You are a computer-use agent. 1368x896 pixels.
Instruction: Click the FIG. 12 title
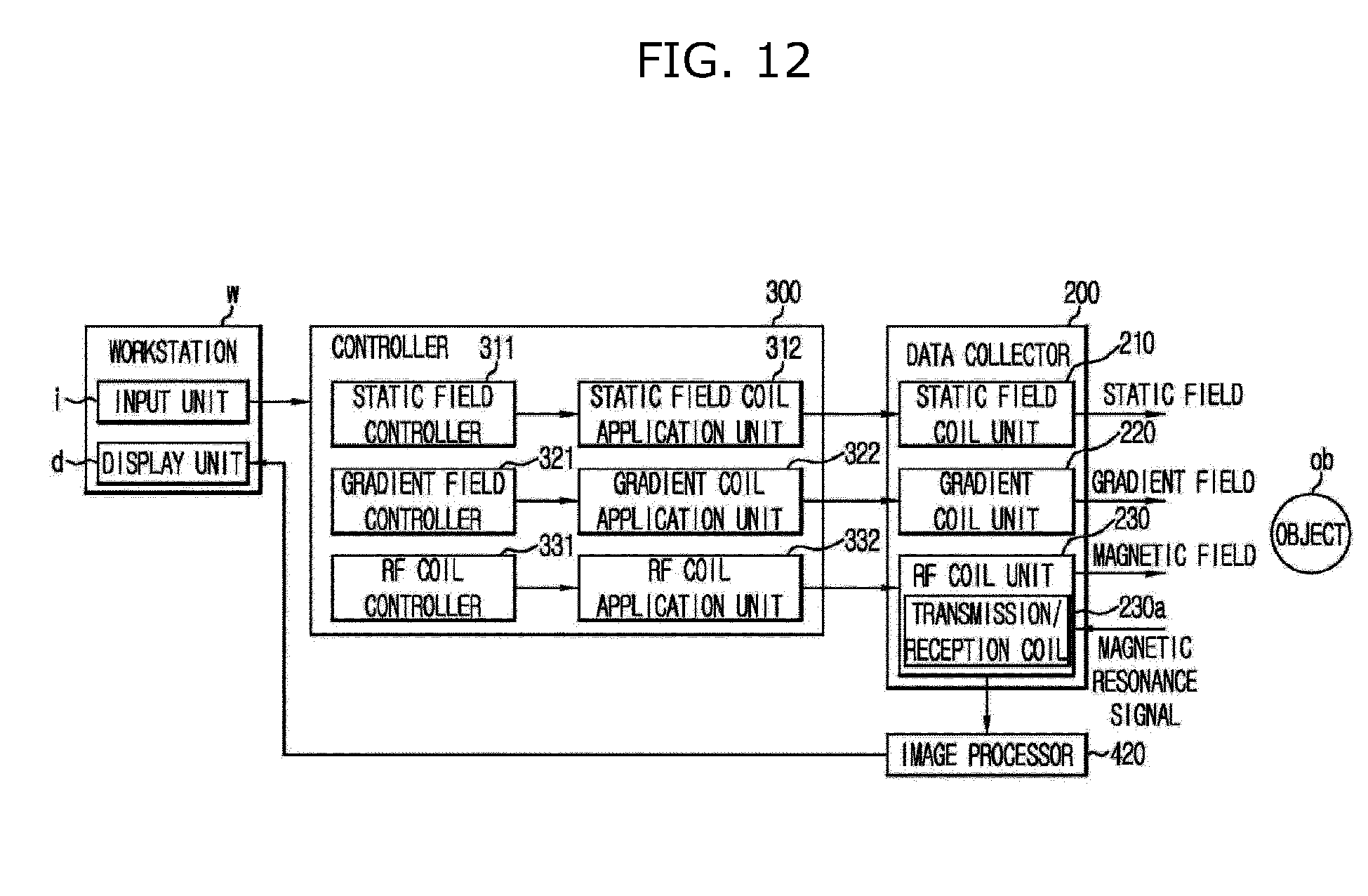(724, 60)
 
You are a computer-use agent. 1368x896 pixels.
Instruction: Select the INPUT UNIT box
(173, 402)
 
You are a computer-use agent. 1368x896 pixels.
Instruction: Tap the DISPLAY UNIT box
(173, 463)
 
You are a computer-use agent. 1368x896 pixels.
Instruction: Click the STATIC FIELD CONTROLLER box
(423, 414)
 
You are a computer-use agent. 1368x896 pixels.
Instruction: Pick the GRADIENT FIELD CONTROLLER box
(423, 501)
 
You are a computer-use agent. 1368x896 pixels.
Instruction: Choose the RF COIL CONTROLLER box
(423, 588)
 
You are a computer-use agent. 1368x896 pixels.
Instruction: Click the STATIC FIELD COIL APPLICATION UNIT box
(689, 414)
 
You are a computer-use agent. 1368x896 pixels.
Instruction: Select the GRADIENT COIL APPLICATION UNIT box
(689, 501)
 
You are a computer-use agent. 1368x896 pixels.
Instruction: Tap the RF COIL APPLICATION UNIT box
(689, 588)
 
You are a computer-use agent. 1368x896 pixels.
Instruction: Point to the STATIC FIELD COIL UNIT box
(986, 414)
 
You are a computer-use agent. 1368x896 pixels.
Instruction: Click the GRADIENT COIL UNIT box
(986, 501)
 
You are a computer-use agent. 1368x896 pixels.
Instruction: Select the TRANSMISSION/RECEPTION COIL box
(986, 631)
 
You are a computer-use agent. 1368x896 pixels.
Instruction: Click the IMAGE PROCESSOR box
(986, 755)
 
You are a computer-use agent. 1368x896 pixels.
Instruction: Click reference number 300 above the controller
(783, 292)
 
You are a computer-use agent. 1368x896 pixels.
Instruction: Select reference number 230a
(1141, 608)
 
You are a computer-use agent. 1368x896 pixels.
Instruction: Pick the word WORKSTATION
(173, 352)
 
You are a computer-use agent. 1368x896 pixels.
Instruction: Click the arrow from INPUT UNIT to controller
(279, 402)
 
